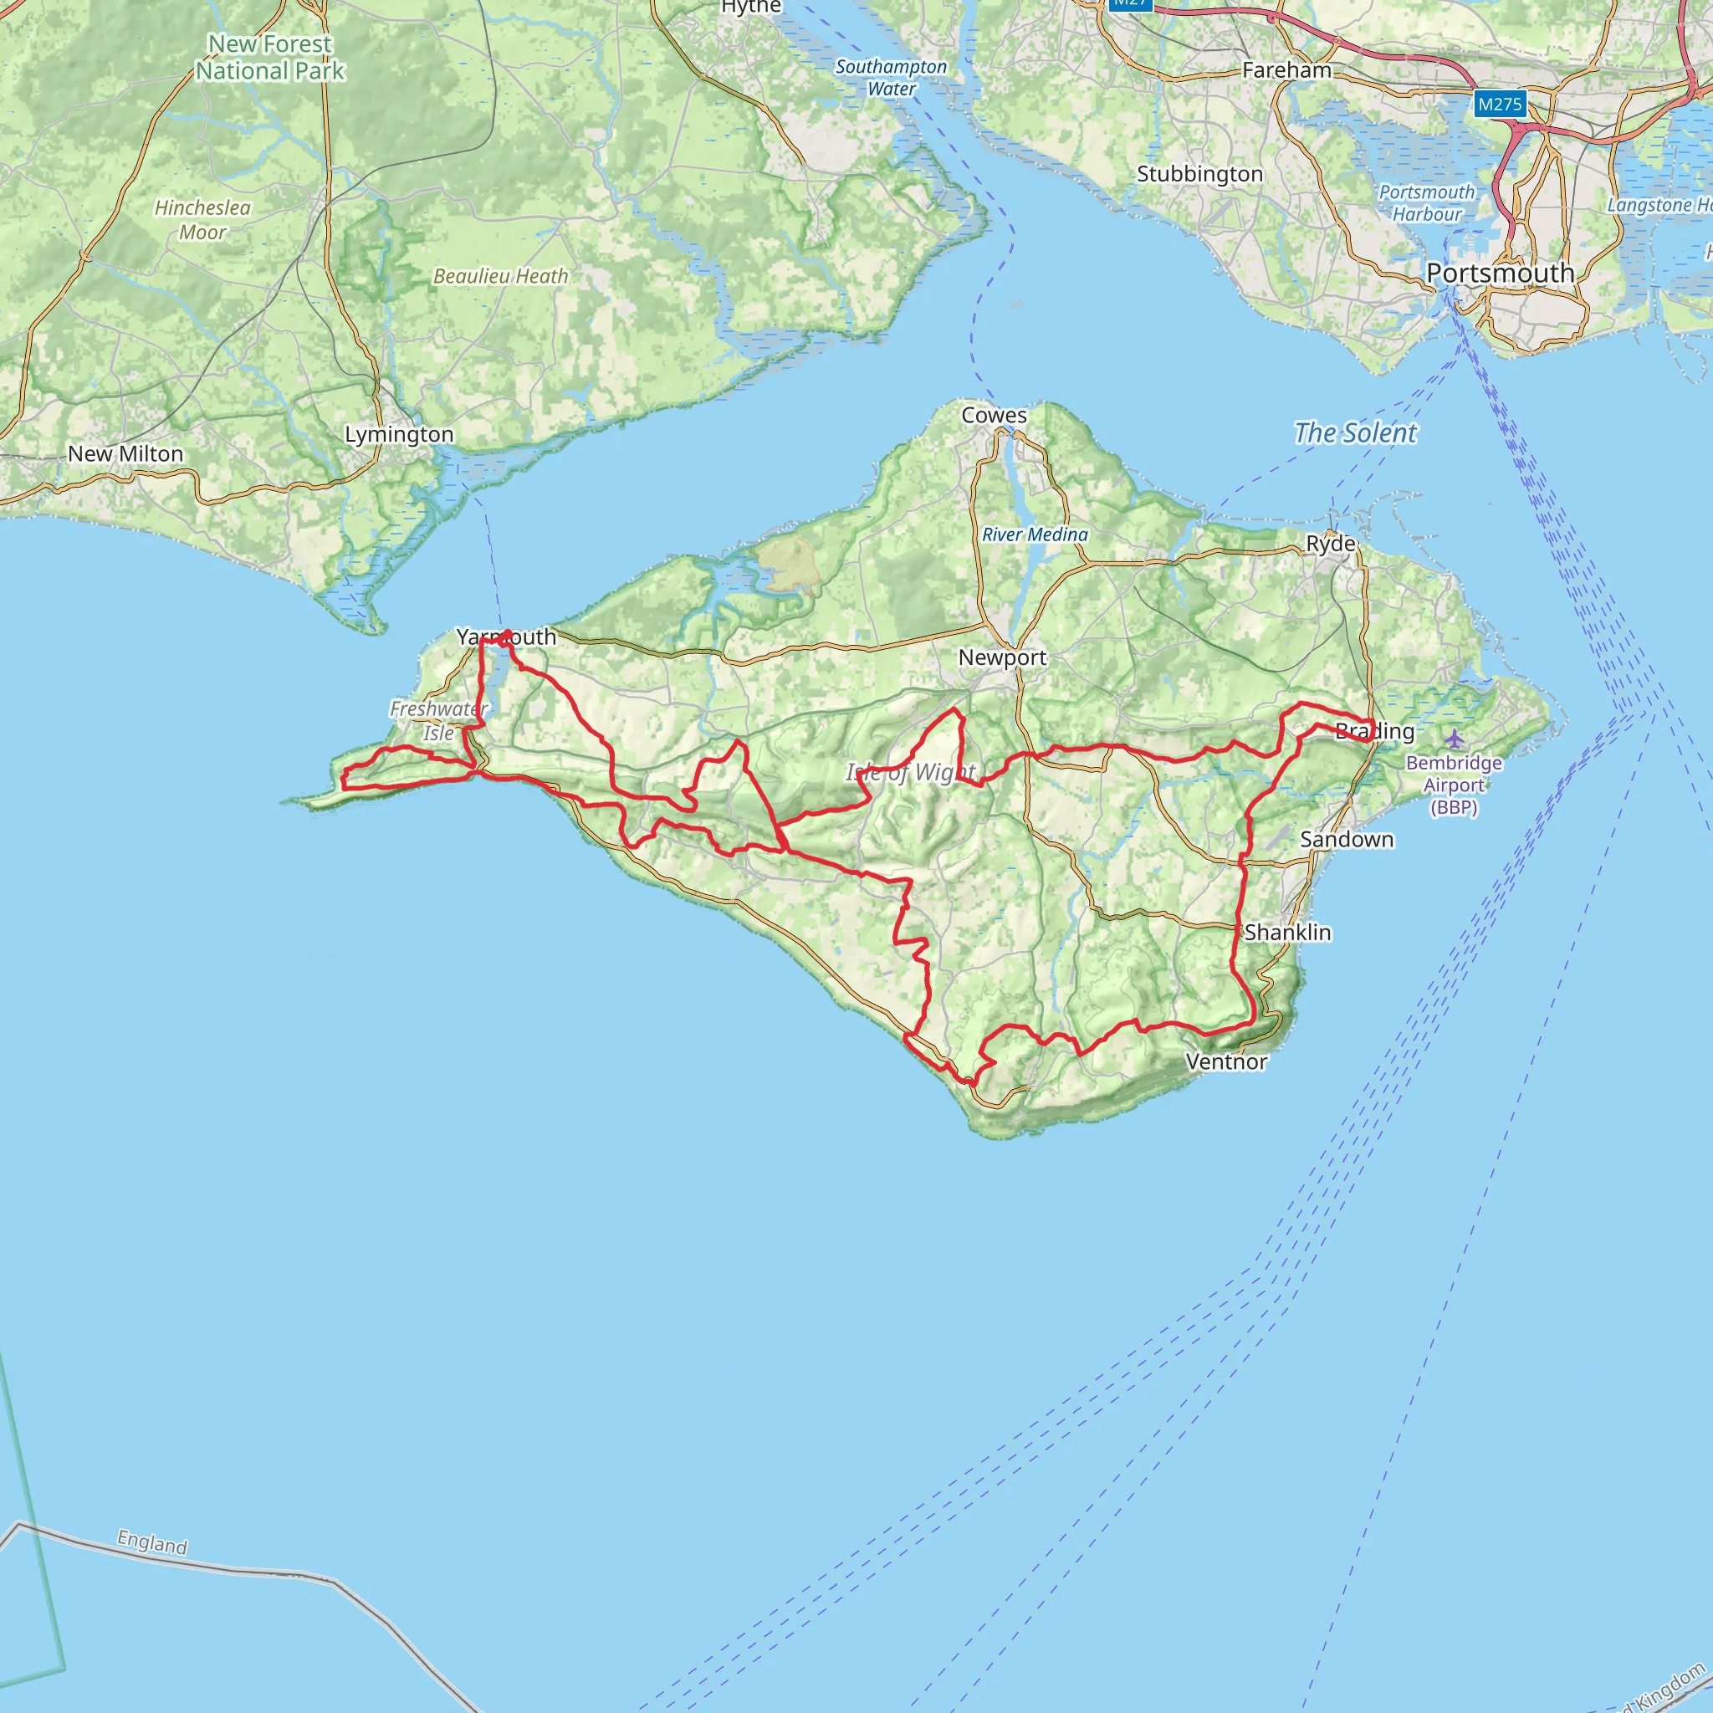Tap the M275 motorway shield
1500,105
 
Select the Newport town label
1002,658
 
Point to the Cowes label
994,415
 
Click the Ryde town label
1330,544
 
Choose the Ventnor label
1226,1061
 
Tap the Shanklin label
1287,932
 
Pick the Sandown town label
1347,839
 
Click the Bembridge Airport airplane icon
1454,738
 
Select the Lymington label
399,434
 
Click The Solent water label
1355,432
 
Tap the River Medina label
1035,534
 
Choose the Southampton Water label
891,78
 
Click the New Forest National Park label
269,58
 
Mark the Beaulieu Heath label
501,277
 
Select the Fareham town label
1286,70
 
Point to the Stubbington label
1199,174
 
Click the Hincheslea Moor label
203,220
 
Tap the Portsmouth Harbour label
1427,203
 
